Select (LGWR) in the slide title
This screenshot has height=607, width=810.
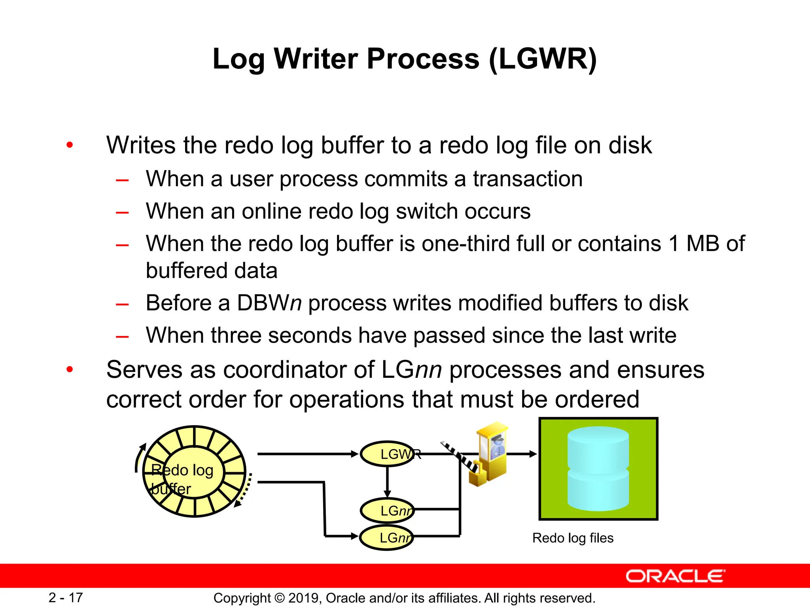543,59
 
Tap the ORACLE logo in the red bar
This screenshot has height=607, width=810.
675,576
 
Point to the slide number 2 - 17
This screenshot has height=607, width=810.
66,598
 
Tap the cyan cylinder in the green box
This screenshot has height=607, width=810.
598,468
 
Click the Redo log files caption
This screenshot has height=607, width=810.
573,538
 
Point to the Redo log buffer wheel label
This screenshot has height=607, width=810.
182,479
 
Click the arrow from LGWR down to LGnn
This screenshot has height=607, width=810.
387,482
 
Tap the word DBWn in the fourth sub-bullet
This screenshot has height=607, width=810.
269,303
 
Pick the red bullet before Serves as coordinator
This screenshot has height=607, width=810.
70,370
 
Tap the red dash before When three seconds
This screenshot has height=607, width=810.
122,337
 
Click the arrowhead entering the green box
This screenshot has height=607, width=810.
533,454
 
